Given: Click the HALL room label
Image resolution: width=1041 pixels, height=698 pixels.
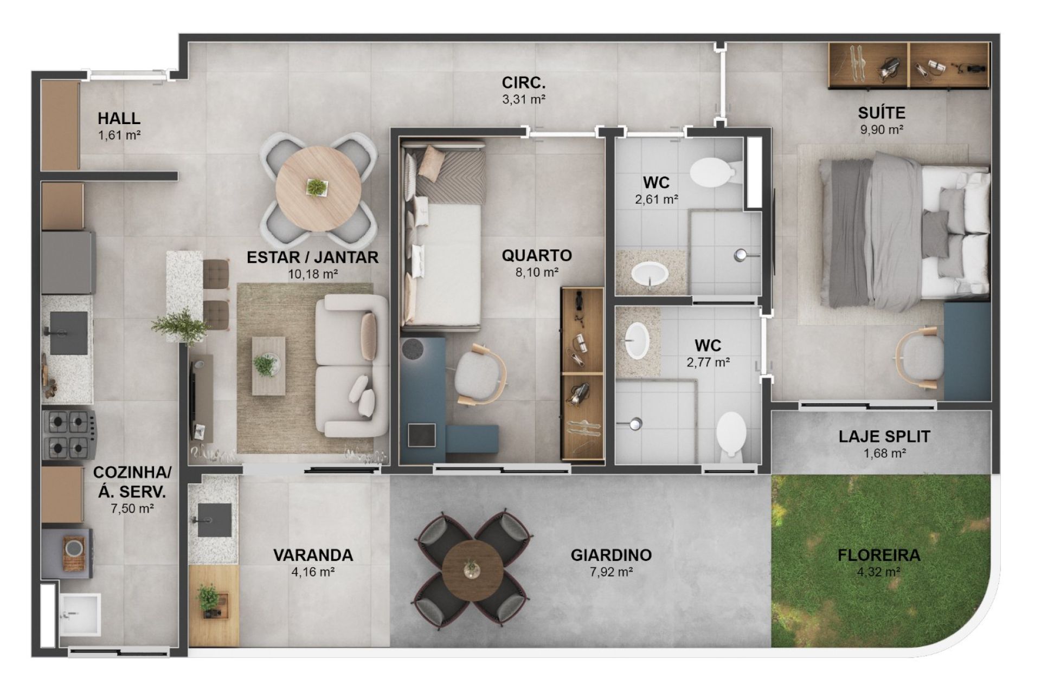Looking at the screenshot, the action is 119,118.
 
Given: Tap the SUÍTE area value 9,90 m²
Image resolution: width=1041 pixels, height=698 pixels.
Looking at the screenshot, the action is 882,130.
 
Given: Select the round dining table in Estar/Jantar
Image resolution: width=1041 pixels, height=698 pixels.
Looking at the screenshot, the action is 318,189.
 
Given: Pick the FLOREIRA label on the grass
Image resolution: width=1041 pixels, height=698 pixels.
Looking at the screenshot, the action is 878,555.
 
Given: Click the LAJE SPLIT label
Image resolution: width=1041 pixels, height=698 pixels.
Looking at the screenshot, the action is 884,436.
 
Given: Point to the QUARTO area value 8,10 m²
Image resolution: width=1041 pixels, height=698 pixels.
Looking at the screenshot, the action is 537,272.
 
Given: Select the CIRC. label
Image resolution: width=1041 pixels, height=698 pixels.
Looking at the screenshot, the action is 523,83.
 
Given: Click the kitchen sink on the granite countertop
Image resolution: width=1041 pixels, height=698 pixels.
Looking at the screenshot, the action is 68,332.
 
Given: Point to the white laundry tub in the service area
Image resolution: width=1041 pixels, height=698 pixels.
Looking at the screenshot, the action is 80,614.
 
